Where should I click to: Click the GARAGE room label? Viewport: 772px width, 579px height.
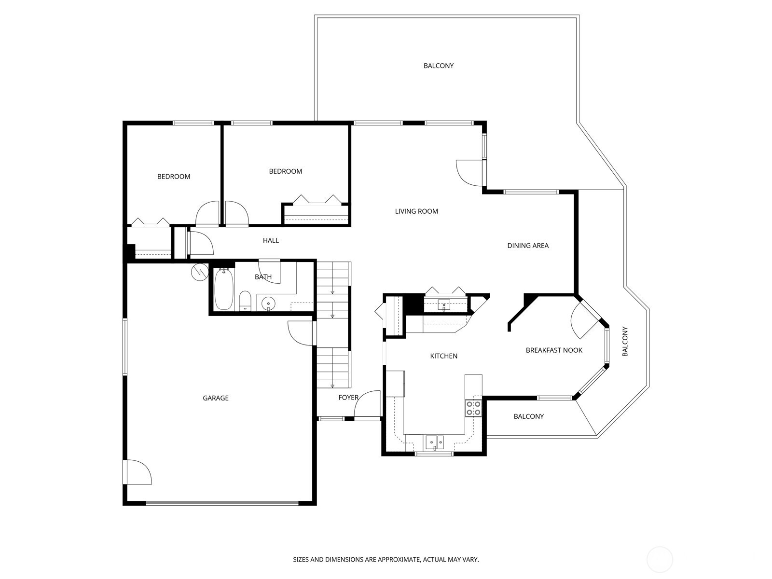point(216,398)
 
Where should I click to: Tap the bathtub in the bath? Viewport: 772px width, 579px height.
point(223,289)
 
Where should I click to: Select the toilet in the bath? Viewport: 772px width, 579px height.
point(245,301)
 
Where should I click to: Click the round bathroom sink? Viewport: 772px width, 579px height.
point(268,303)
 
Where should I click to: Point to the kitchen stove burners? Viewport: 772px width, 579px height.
point(473,408)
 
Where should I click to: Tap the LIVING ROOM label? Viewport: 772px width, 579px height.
point(416,211)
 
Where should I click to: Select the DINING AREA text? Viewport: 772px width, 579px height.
point(528,246)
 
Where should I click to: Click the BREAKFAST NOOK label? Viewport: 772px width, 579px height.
point(554,350)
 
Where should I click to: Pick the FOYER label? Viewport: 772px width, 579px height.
point(348,398)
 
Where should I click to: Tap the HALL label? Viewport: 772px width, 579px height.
point(271,240)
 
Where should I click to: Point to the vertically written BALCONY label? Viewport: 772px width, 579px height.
point(625,342)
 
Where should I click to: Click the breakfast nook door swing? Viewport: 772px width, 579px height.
point(582,321)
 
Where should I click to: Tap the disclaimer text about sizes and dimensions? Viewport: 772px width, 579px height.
point(386,560)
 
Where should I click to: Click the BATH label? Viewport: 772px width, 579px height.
point(263,277)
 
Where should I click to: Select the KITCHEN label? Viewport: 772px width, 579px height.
point(443,356)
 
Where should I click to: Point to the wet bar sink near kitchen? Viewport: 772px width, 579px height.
point(444,305)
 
